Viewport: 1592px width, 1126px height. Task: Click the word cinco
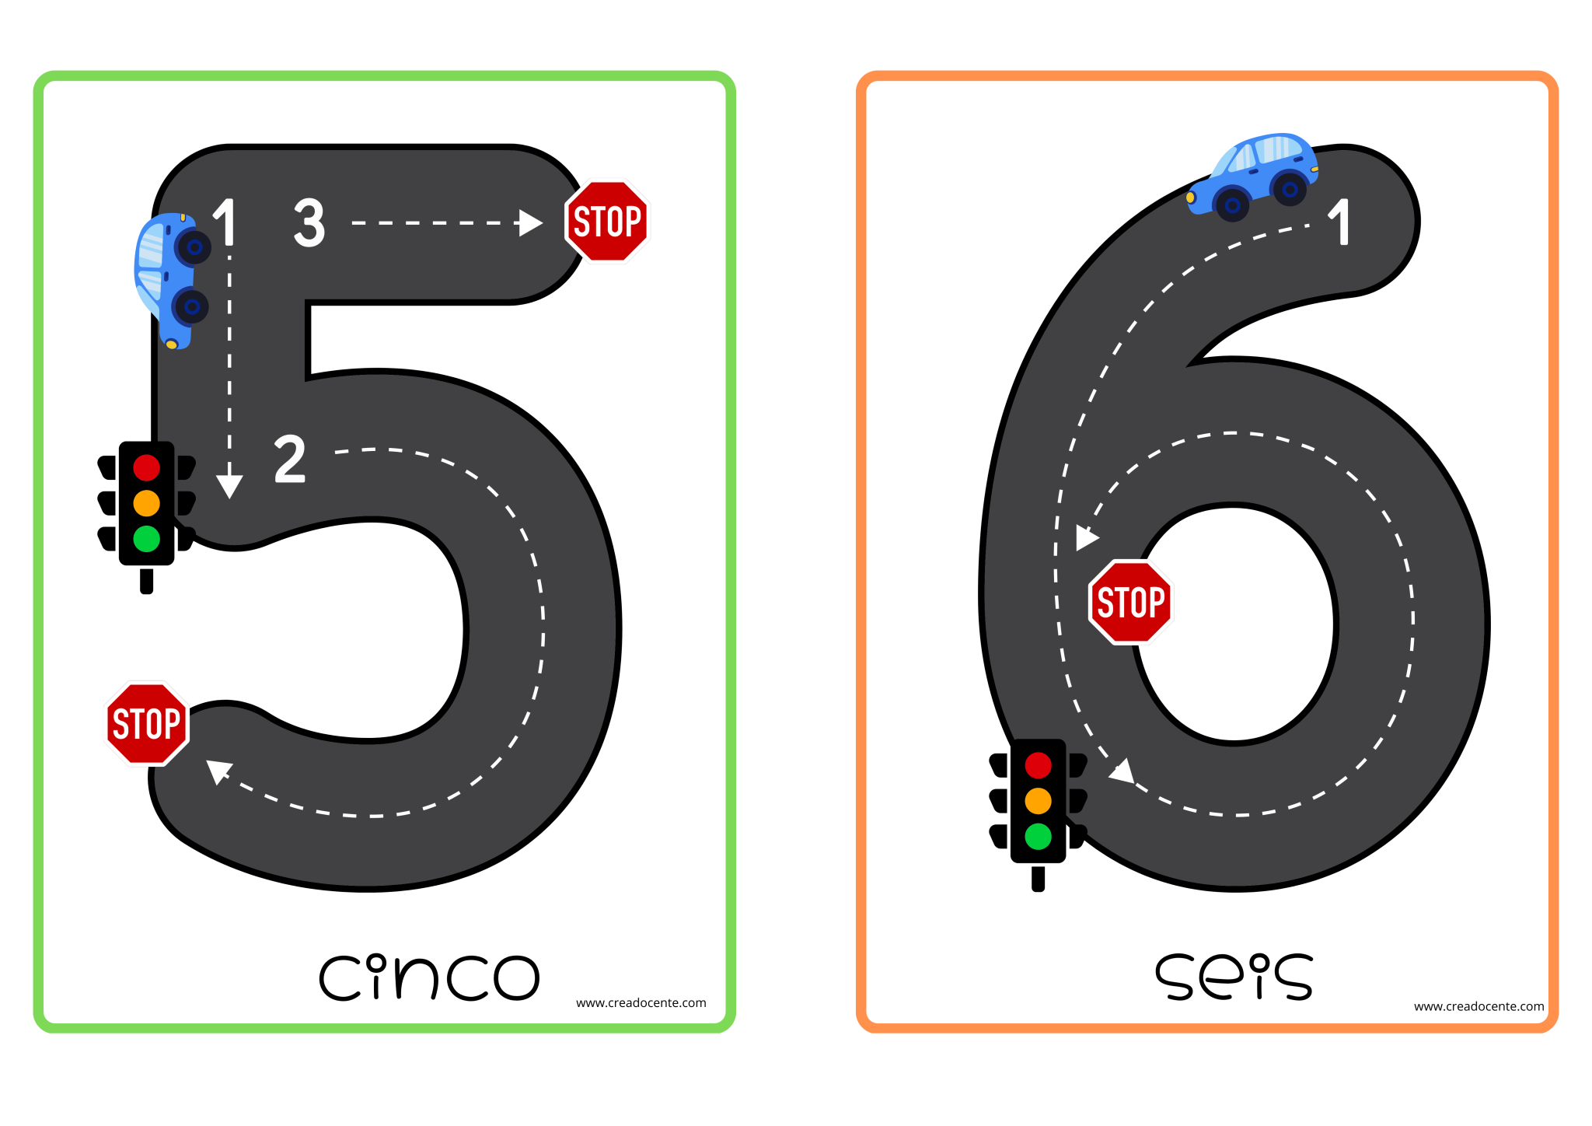point(429,977)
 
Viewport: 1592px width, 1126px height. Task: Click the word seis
point(1234,977)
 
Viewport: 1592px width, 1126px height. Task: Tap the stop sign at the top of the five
point(607,222)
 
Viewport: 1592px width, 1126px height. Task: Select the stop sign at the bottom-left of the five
point(147,723)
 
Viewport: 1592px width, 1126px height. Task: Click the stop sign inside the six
point(1130,602)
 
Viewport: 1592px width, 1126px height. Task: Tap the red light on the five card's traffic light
point(146,467)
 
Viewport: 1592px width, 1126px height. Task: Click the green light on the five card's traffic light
point(146,538)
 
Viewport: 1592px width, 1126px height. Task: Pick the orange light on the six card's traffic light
point(1038,800)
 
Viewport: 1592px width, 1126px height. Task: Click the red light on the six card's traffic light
point(1038,765)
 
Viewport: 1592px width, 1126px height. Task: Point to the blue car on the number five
point(171,278)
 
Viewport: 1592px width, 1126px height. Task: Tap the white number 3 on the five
point(309,222)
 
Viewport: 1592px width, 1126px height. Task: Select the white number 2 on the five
point(290,459)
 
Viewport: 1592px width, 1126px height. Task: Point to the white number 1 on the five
point(225,222)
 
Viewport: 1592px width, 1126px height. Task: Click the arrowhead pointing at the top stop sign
point(530,223)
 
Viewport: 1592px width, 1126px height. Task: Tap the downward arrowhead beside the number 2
point(229,486)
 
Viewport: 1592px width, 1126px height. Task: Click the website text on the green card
point(641,1003)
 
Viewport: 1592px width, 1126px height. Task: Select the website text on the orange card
point(1479,1006)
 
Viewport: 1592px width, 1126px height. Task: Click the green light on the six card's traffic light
point(1038,836)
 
